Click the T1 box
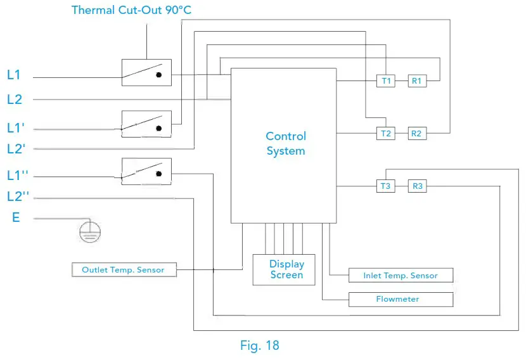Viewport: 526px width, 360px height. point(386,80)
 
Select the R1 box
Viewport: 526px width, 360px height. point(416,80)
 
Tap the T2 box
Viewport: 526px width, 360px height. point(386,133)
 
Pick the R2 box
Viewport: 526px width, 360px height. point(416,133)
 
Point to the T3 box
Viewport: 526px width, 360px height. point(386,186)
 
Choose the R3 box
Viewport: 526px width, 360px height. point(416,186)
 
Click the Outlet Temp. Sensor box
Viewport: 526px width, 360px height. point(123,270)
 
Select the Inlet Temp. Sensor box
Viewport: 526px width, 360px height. point(401,276)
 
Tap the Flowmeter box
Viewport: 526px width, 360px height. point(401,299)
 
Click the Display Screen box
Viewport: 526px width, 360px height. point(286,269)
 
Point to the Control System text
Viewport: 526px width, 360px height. point(286,144)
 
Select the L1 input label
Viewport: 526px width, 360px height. point(14,75)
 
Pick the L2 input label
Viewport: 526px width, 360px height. point(14,100)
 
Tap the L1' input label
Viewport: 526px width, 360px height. point(16,127)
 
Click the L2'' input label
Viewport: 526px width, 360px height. point(18,196)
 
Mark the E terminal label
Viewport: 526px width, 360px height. point(16,218)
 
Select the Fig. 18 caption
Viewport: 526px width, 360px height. point(259,345)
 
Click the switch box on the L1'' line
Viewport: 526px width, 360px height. point(146,171)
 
